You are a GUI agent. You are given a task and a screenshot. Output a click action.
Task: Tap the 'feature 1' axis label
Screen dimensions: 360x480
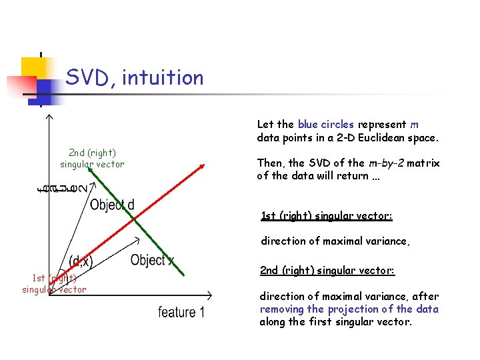tap(181, 312)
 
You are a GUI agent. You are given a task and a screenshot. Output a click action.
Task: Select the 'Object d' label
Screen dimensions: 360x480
tap(111, 205)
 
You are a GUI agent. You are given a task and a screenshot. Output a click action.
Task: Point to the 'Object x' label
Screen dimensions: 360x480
tap(153, 260)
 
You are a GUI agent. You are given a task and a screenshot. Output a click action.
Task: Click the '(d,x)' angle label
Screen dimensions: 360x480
tap(81, 261)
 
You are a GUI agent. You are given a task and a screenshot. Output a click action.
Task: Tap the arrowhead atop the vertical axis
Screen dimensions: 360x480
tap(48, 117)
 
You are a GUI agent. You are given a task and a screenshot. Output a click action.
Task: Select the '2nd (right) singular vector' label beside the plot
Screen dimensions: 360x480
tap(92, 159)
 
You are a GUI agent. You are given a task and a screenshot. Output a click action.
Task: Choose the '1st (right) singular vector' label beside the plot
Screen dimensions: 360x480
tap(54, 284)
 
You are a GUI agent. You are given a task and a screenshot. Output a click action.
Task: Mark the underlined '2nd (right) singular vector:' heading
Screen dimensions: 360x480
tap(327, 271)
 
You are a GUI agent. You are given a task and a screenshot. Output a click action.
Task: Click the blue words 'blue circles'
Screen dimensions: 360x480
tap(326, 125)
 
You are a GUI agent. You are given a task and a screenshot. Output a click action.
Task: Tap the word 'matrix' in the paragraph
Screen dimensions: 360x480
tap(425, 163)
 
